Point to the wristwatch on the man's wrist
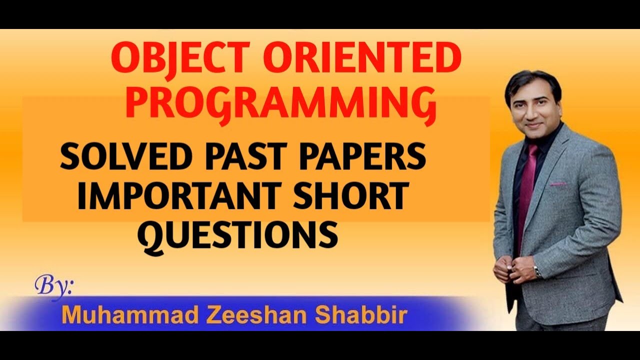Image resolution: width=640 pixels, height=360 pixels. click(537, 271)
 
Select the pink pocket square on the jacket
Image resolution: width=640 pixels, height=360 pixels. click(558, 183)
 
